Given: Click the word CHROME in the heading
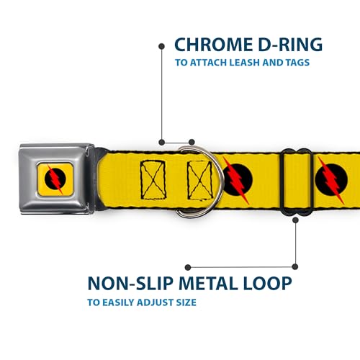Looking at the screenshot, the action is click(214, 45).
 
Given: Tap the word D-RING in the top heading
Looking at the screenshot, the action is click(291, 45).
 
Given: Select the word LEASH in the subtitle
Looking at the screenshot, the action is click(245, 63).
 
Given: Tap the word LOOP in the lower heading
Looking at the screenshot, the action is click(268, 284).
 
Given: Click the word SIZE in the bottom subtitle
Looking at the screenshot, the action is click(186, 302).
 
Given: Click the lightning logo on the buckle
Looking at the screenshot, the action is click(55, 179).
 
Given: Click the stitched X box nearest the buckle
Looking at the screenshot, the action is click(153, 180).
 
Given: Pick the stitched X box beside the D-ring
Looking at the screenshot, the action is click(199, 180).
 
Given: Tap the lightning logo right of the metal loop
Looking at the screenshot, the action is click(331, 180).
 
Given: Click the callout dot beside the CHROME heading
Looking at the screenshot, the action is click(162, 46).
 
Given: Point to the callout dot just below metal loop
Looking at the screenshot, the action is click(295, 220).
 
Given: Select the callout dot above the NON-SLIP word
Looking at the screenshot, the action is click(188, 267).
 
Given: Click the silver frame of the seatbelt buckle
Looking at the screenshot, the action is click(29, 179).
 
